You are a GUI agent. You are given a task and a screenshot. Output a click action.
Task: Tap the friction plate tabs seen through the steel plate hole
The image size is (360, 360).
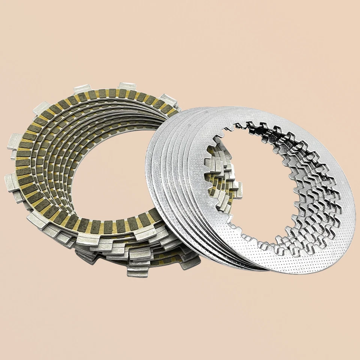pyautogui.click(x=221, y=187)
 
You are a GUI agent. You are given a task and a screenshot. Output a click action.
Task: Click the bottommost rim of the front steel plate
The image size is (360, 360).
pyautogui.click(x=296, y=273)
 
